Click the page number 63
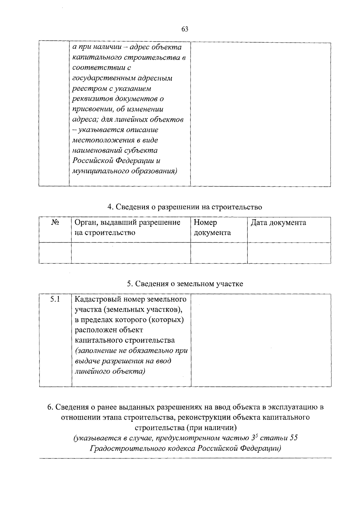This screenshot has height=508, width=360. click(x=184, y=29)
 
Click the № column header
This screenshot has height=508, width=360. click(x=55, y=222)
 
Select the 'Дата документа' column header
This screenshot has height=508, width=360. click(x=278, y=223)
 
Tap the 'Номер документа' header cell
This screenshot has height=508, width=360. click(x=212, y=228)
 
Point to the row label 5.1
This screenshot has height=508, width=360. click(x=55, y=299)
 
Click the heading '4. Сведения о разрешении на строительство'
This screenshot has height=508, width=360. click(x=184, y=207)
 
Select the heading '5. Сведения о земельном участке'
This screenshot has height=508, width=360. click(x=185, y=284)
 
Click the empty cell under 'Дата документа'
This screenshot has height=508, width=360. click(x=289, y=253)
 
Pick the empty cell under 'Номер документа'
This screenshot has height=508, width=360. click(x=219, y=253)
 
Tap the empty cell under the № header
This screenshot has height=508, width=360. click(x=55, y=253)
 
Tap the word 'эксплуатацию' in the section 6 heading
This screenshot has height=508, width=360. click(x=292, y=407)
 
